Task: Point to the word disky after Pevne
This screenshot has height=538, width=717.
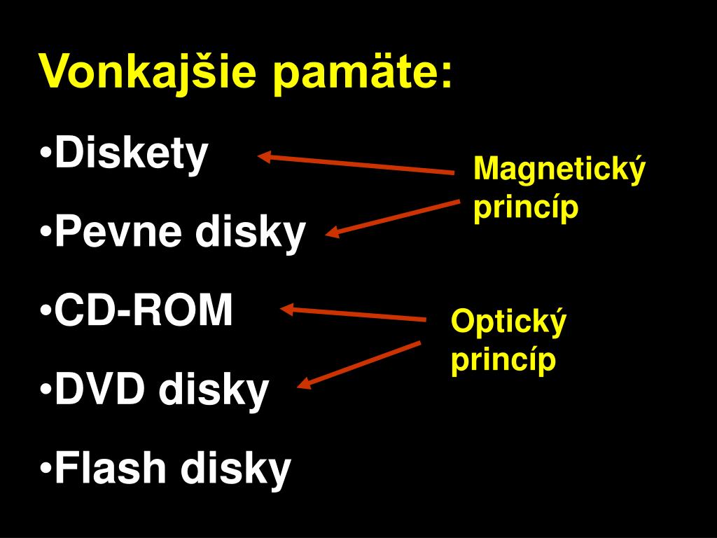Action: click(250, 233)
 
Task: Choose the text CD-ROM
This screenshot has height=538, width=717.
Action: click(144, 311)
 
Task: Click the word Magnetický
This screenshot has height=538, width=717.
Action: click(559, 170)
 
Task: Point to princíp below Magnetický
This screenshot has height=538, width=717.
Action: click(526, 208)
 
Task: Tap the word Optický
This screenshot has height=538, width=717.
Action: click(508, 322)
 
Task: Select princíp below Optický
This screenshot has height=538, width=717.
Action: click(503, 360)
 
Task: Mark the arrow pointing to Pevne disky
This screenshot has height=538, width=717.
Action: click(392, 218)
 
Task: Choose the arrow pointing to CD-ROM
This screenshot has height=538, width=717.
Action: click(354, 313)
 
